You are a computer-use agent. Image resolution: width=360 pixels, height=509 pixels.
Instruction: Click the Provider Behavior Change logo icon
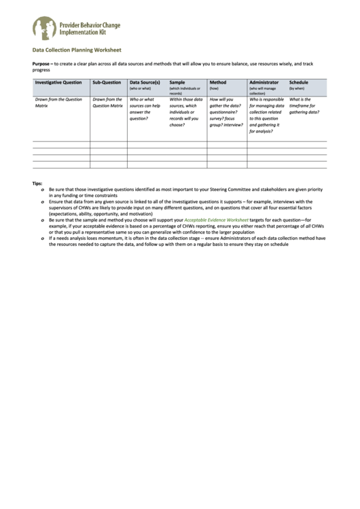(45, 29)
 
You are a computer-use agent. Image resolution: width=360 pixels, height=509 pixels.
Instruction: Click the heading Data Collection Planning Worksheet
(77, 50)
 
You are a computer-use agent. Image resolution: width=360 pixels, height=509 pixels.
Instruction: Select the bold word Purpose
(43, 63)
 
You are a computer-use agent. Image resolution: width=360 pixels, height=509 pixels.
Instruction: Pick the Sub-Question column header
(106, 82)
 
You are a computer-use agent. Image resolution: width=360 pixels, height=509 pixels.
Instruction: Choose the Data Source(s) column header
(144, 82)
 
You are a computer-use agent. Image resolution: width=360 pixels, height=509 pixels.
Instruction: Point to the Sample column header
(177, 82)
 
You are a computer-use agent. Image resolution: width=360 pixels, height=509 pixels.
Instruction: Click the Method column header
(218, 82)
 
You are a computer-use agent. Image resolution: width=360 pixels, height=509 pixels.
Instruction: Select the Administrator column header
(264, 82)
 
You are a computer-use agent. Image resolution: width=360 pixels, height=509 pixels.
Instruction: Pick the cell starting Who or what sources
(145, 109)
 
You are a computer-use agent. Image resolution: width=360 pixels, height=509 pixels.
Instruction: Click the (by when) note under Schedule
(298, 88)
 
